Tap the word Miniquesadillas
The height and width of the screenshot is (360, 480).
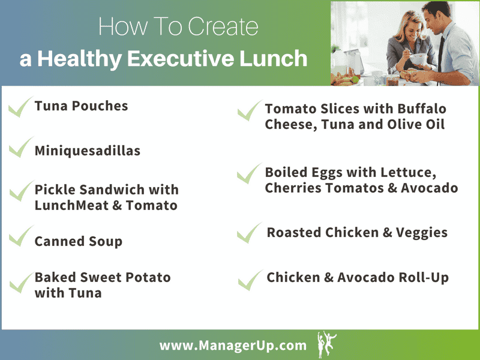pyautogui.click(x=88, y=150)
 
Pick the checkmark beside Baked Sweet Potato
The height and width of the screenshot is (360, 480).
pyautogui.click(x=20, y=281)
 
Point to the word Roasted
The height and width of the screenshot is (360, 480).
pyautogui.click(x=294, y=232)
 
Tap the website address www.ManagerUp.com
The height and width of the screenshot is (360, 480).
pyautogui.click(x=233, y=346)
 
